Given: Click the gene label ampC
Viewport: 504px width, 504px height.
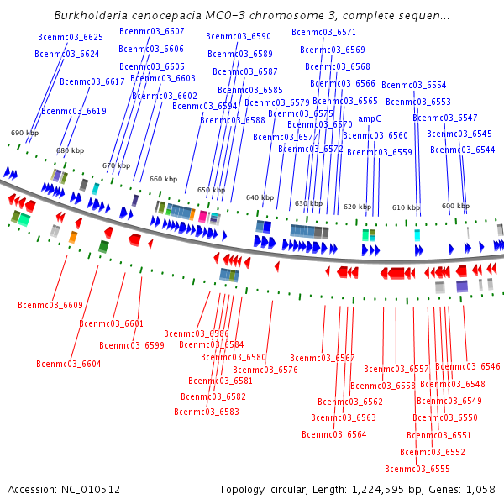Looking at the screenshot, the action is [370, 119].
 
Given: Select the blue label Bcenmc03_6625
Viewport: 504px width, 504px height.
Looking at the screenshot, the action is [71, 37].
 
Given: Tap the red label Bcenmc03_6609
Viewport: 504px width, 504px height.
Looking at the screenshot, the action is [50, 305].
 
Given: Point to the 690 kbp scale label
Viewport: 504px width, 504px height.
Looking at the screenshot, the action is [24, 133].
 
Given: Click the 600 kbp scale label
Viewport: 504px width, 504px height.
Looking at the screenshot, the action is [455, 206].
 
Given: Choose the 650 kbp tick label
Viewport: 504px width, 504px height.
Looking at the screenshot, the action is [211, 190].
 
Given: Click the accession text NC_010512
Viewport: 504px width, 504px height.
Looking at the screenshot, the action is [91, 490].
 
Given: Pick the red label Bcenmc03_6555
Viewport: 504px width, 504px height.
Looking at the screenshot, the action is [417, 469].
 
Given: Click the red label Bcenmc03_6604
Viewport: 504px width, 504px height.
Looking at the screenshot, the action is [69, 364].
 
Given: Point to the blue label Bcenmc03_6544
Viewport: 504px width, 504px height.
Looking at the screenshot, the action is [463, 150].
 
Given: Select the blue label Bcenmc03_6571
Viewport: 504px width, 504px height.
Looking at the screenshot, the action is [323, 32].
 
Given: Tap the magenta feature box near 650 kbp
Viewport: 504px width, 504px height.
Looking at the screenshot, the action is [202, 217].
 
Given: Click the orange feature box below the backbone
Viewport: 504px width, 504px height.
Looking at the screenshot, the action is [73, 237].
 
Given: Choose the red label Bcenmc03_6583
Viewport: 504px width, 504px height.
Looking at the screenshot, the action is [207, 412].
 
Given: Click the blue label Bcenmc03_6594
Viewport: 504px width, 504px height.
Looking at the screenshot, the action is [205, 106].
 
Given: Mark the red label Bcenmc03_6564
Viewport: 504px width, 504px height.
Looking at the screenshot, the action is [334, 434].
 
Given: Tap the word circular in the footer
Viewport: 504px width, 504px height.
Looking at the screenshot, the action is [288, 490].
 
